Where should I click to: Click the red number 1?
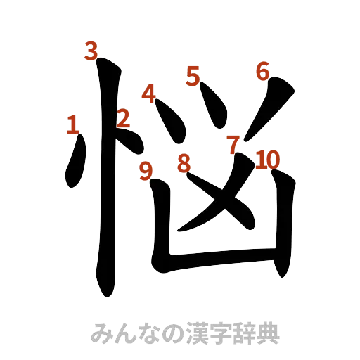72,124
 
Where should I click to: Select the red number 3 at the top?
91,51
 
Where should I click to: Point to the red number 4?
148,94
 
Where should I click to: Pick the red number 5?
193,75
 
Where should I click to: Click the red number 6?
262,71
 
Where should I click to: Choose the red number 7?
233,146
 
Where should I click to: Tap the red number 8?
184,164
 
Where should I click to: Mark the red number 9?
146,171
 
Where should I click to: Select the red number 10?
268,160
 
